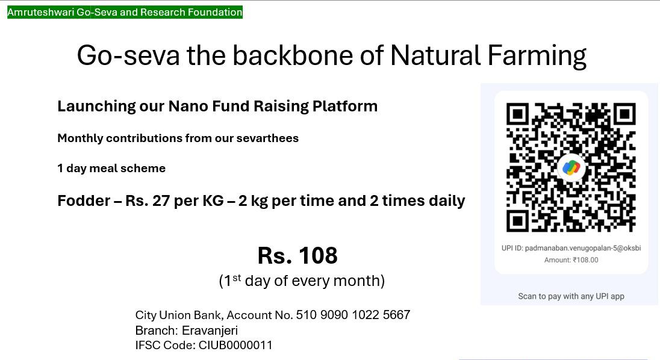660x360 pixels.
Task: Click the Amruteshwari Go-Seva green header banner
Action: (x=125, y=12)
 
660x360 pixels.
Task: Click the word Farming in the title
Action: (x=537, y=56)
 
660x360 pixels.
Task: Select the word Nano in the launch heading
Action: (x=188, y=106)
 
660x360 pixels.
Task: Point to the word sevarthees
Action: (x=267, y=138)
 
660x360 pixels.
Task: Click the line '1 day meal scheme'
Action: (x=111, y=168)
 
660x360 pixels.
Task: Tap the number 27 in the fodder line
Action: (x=161, y=200)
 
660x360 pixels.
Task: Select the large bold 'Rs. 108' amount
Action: (x=297, y=255)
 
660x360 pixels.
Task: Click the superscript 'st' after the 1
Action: (x=237, y=278)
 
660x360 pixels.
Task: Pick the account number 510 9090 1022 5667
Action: (x=353, y=315)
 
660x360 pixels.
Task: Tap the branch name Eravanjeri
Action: (x=210, y=330)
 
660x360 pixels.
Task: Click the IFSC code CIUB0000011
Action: (x=235, y=346)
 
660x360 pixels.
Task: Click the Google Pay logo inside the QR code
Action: (x=571, y=167)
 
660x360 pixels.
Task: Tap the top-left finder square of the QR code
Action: (x=518, y=114)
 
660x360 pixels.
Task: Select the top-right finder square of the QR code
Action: (x=624, y=114)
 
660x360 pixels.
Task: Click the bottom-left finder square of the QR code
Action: (x=518, y=220)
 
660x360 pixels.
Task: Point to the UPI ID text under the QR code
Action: (x=571, y=248)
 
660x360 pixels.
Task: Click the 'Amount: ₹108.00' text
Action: (x=571, y=260)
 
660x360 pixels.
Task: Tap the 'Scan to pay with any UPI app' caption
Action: (x=571, y=296)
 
